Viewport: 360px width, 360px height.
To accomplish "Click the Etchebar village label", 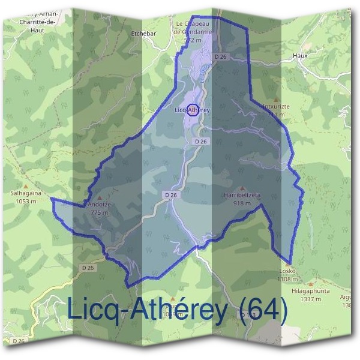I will [x=143, y=34].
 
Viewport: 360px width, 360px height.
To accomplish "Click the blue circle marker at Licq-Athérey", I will [x=193, y=110].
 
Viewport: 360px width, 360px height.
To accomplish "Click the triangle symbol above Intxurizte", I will [x=276, y=100].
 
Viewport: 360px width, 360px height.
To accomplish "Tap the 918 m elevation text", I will [x=242, y=203].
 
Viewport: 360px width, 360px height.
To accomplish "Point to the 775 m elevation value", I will [x=99, y=212].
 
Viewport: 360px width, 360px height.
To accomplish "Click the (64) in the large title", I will [x=263, y=310].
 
